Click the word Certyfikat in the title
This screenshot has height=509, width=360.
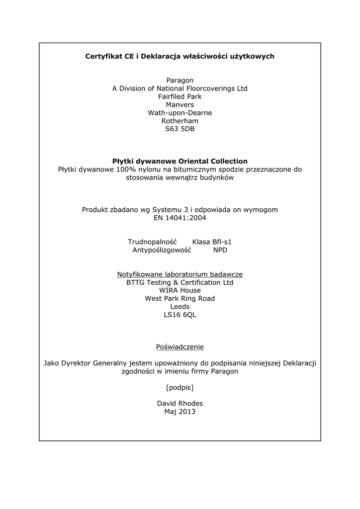pos(102,56)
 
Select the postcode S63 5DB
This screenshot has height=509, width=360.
pos(180,129)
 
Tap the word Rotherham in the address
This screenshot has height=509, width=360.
pos(180,121)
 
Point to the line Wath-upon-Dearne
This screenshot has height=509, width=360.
pos(180,113)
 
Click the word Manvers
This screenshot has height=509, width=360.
pos(180,105)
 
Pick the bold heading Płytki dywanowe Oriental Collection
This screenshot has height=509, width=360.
pos(180,161)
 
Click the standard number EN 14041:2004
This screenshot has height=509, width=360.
pos(180,218)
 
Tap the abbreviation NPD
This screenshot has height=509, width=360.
pos(220,250)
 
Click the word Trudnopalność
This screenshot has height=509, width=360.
pos(149,242)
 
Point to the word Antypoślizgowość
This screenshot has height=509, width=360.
pos(162,250)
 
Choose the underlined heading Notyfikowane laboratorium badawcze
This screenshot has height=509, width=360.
pos(180,274)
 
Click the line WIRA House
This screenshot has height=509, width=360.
pos(180,290)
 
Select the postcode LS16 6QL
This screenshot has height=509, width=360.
pos(180,315)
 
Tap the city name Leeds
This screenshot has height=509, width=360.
pos(180,307)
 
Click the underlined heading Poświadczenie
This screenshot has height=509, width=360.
pos(180,346)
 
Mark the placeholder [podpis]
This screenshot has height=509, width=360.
pos(180,387)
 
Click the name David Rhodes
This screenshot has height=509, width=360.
pos(180,403)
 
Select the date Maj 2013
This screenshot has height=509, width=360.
pos(180,412)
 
